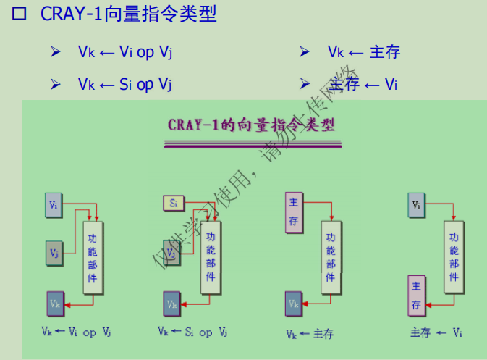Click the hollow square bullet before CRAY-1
(x=20, y=14)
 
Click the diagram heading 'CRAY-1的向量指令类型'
(x=251, y=123)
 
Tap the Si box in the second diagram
(x=174, y=204)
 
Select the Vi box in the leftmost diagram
(x=54, y=204)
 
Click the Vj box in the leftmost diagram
(x=54, y=253)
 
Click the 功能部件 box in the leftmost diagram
(x=93, y=257)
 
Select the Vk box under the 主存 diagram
(x=293, y=304)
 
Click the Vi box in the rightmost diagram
(x=416, y=204)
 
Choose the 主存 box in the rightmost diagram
(x=416, y=296)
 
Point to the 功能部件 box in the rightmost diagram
(x=454, y=257)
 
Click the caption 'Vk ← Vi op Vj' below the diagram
(x=76, y=332)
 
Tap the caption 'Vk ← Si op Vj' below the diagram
(x=192, y=332)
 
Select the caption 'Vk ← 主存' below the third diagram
(x=310, y=334)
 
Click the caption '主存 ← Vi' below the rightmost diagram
(x=436, y=332)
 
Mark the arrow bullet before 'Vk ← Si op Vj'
(x=55, y=85)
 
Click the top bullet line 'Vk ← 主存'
(x=363, y=52)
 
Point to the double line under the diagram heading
(x=251, y=146)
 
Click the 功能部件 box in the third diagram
(x=331, y=257)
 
